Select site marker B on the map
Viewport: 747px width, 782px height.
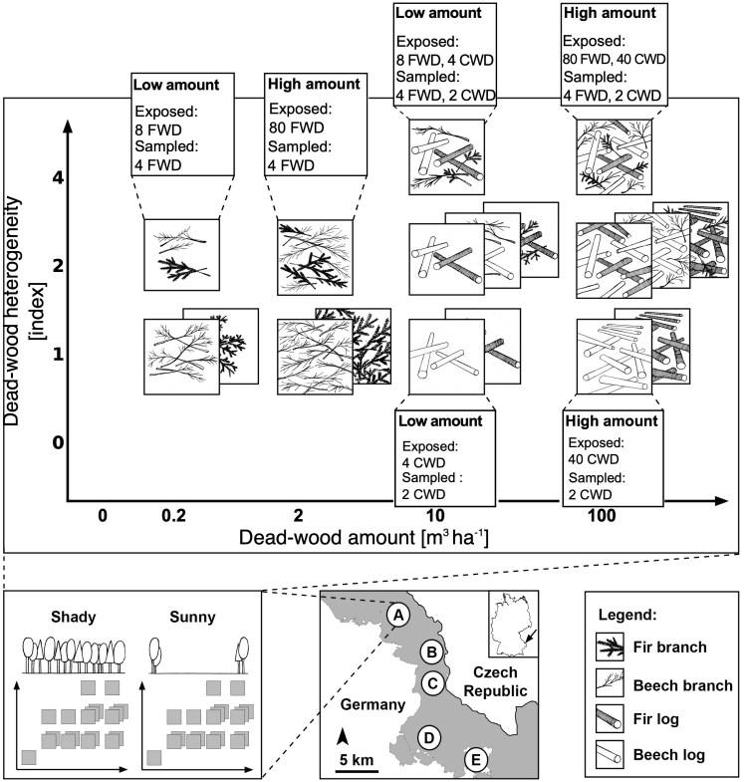click(x=431, y=652)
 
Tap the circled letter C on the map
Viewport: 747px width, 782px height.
click(x=432, y=682)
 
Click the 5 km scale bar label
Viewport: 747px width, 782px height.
click(x=356, y=760)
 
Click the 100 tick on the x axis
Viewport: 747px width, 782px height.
click(x=601, y=516)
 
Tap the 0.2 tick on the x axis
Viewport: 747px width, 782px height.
click(x=175, y=516)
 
